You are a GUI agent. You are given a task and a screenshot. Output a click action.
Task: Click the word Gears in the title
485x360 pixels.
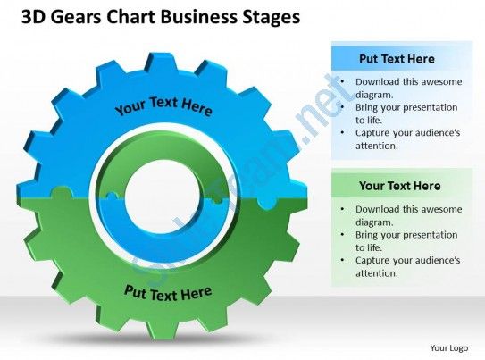(x=75, y=17)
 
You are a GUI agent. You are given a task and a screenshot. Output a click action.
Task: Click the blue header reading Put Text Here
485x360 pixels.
(x=397, y=59)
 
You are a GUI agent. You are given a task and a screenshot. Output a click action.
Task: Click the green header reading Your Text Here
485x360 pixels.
(x=399, y=186)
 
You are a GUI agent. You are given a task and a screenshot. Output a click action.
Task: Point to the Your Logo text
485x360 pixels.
(x=448, y=348)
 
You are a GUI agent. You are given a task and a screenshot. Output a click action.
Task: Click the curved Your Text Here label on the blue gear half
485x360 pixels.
(x=163, y=105)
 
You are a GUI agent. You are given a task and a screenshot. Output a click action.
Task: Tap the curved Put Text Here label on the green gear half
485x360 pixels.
(x=168, y=293)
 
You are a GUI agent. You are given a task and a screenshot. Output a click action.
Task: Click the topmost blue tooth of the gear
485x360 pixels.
(x=163, y=61)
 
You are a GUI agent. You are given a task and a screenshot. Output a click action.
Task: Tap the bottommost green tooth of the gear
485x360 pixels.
(x=163, y=331)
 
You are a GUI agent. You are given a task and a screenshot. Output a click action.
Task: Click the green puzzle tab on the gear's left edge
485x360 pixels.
(x=62, y=193)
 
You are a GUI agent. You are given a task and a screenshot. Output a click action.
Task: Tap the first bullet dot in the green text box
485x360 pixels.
(x=342, y=209)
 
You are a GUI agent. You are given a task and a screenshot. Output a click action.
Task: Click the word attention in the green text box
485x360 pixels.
(x=376, y=273)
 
